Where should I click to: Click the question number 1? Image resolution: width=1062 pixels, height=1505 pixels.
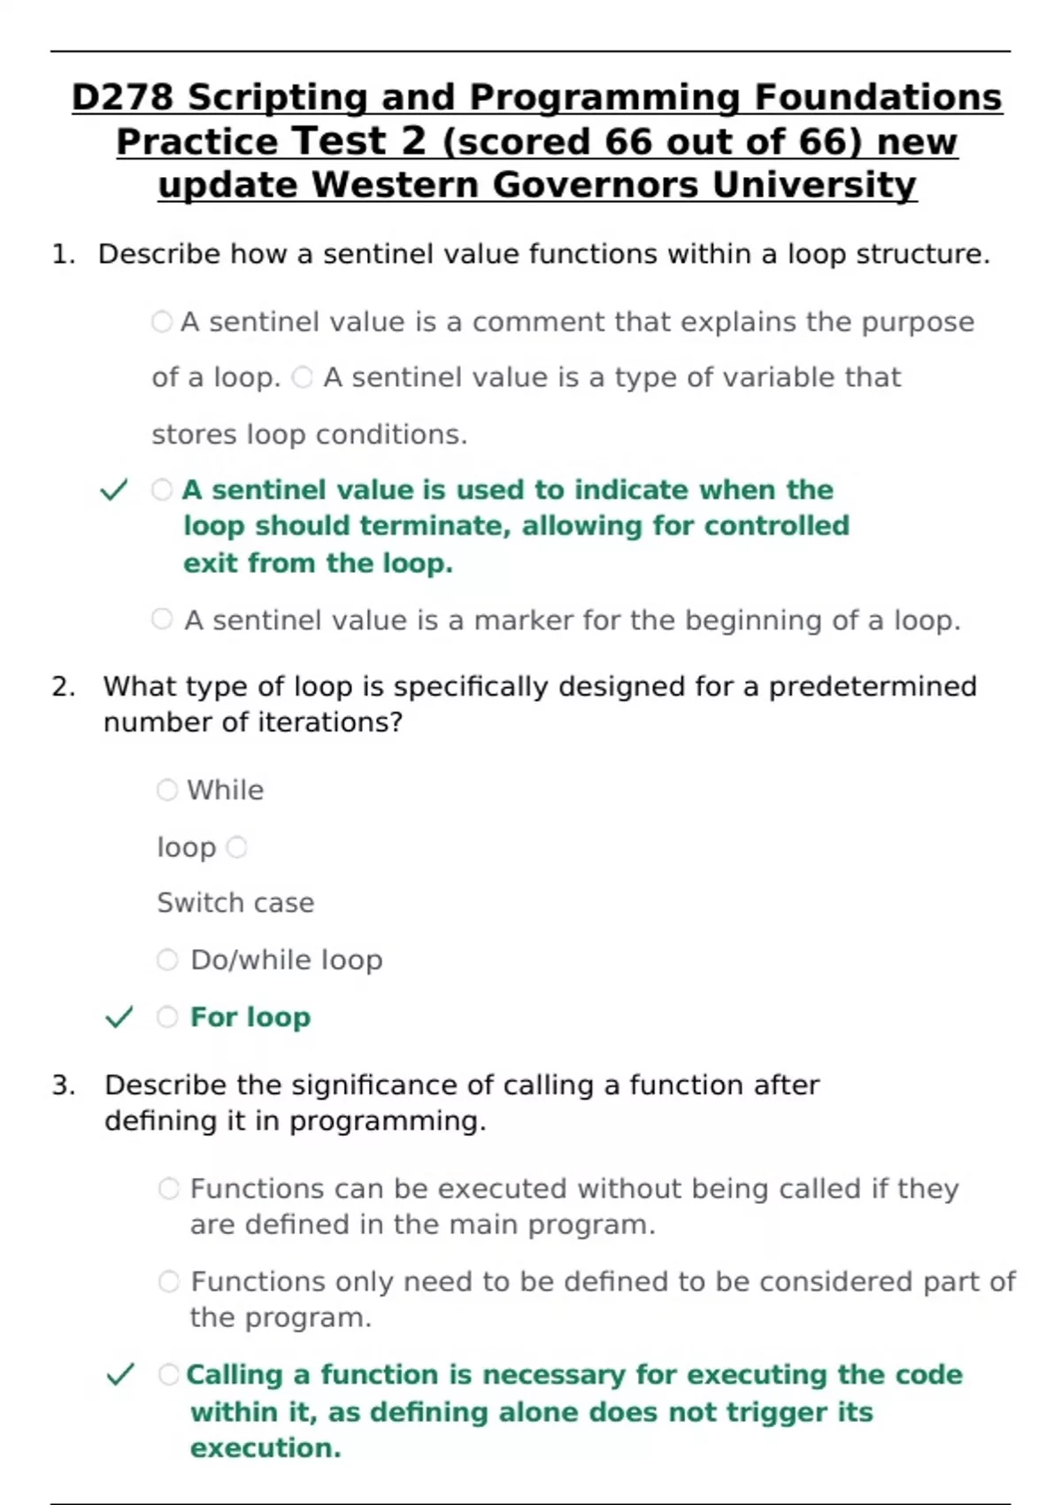(62, 255)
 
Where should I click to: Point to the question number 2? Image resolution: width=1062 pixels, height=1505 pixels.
(63, 687)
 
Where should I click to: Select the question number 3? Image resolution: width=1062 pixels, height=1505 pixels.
(63, 1085)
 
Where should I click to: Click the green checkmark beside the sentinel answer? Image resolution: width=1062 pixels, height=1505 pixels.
(114, 490)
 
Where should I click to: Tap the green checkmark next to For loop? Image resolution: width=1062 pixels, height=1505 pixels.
(119, 1017)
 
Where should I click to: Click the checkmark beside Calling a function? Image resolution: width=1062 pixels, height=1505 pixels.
(120, 1375)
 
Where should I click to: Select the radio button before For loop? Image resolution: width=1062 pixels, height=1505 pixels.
(167, 1017)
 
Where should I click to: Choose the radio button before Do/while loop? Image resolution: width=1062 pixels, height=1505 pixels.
(167, 960)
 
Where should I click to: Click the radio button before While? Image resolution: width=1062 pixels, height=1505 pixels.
(167, 790)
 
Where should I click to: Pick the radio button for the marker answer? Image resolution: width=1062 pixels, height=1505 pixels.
(162, 620)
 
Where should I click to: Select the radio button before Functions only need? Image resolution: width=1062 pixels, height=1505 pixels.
(169, 1282)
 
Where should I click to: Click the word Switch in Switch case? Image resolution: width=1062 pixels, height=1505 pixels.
(188, 903)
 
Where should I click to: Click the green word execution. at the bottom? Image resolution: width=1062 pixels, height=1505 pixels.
(265, 1448)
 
